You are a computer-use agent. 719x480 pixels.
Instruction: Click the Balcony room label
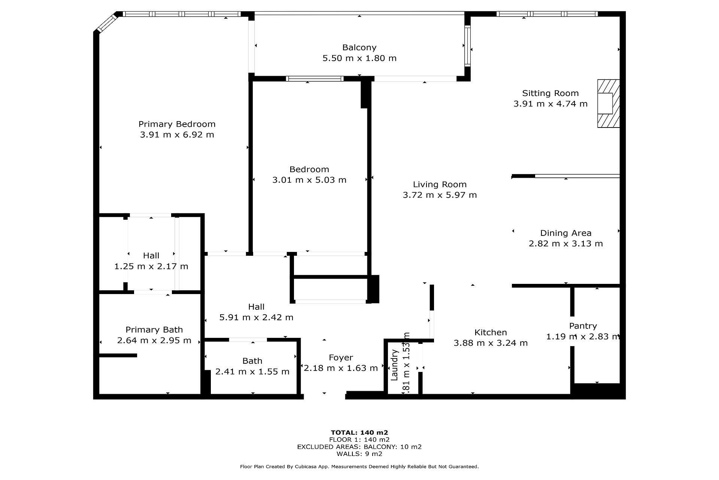coord(359,48)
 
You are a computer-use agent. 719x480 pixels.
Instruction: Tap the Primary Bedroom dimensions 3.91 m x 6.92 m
coord(177,135)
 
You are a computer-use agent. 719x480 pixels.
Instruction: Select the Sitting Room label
coord(550,93)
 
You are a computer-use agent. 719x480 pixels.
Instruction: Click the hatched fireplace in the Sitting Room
coord(609,103)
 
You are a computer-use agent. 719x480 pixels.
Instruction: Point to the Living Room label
coord(440,184)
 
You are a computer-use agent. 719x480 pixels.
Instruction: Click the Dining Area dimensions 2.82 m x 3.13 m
coord(566,244)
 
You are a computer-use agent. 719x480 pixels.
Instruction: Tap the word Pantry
coord(583,326)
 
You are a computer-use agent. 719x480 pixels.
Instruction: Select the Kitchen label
coord(491,333)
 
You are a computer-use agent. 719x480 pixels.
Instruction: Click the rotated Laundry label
coord(394,365)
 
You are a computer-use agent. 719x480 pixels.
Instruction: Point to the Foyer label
coord(341,358)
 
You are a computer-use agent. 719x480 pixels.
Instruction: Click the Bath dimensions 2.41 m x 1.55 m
coord(252,372)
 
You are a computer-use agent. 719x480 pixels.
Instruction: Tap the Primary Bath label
coord(154,330)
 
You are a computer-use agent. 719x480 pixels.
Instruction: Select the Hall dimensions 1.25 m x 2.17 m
coord(151,266)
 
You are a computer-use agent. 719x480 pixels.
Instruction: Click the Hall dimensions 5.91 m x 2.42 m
coord(256,317)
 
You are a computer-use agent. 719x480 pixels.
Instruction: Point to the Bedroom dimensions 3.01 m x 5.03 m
coord(309,180)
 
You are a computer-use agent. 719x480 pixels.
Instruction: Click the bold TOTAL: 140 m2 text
coord(359,432)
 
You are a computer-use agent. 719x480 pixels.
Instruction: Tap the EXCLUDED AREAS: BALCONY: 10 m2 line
coord(359,447)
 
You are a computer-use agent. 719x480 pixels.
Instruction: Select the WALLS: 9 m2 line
coord(359,454)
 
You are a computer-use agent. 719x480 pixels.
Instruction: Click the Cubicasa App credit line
coord(359,467)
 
